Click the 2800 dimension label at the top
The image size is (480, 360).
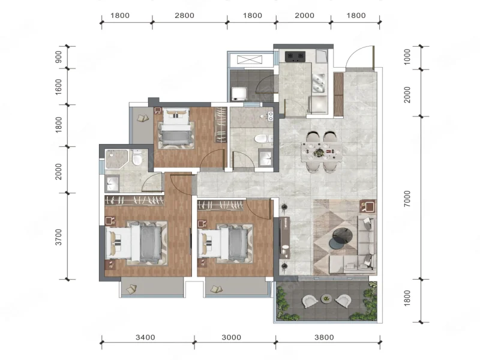[184, 16]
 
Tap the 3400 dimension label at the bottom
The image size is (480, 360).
[145, 337]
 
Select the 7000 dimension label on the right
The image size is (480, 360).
[407, 199]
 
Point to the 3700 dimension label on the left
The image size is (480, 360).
[58, 237]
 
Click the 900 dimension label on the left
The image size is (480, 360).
[58, 56]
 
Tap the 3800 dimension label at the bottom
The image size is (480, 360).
[324, 337]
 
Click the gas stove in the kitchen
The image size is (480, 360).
[295, 56]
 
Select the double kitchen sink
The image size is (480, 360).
[319, 83]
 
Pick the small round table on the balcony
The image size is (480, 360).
[326, 298]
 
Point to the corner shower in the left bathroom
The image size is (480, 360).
[115, 158]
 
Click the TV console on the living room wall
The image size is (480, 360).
[285, 238]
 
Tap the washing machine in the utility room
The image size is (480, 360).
[239, 94]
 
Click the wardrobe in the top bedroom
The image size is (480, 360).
[220, 125]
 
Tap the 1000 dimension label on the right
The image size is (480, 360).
[407, 57]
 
